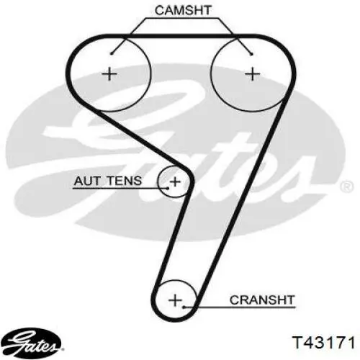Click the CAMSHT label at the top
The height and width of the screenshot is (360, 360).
pyautogui.click(x=183, y=10)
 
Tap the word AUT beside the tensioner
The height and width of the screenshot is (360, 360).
pyautogui.click(x=86, y=181)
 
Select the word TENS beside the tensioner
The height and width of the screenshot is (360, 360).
pyautogui.click(x=124, y=181)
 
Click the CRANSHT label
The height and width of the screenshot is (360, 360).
pyautogui.click(x=262, y=300)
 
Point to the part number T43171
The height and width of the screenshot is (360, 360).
pyautogui.click(x=323, y=343)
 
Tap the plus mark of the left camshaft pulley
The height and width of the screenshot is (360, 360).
pyautogui.click(x=109, y=73)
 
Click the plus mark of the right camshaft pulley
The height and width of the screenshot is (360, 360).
pyautogui.click(x=253, y=73)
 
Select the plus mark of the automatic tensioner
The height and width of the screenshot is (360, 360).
pyautogui.click(x=175, y=181)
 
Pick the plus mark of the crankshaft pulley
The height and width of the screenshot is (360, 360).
pyautogui.click(x=176, y=300)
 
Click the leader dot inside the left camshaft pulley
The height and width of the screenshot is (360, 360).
pyautogui.click(x=112, y=53)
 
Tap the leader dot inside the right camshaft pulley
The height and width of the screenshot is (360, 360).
pyautogui.click(x=251, y=54)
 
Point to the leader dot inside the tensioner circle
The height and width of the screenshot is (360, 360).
pyautogui.click(x=168, y=188)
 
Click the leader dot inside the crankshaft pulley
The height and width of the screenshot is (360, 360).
pyautogui.click(x=184, y=307)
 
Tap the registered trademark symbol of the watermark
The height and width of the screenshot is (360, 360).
pyautogui.click(x=347, y=186)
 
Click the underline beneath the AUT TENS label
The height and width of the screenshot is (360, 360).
pyautogui.click(x=120, y=189)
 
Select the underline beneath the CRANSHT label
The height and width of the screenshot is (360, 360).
pyautogui.click(x=240, y=307)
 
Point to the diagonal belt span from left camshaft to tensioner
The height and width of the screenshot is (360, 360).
pyautogui.click(x=140, y=138)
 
